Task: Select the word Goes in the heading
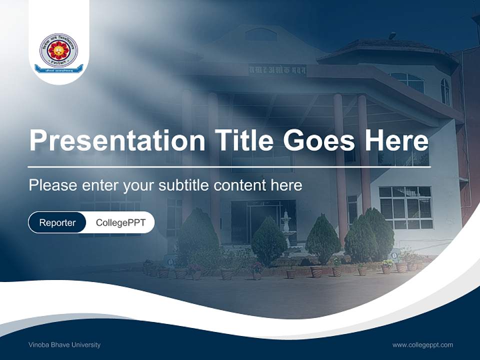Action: [320, 140]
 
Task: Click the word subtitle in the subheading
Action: [184, 185]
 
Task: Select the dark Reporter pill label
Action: [57, 222]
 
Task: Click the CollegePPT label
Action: [120, 222]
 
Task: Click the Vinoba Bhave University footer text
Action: [64, 344]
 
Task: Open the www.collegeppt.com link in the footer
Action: [422, 344]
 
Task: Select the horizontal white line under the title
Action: [229, 167]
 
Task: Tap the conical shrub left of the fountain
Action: [268, 241]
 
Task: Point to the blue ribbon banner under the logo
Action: [59, 69]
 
